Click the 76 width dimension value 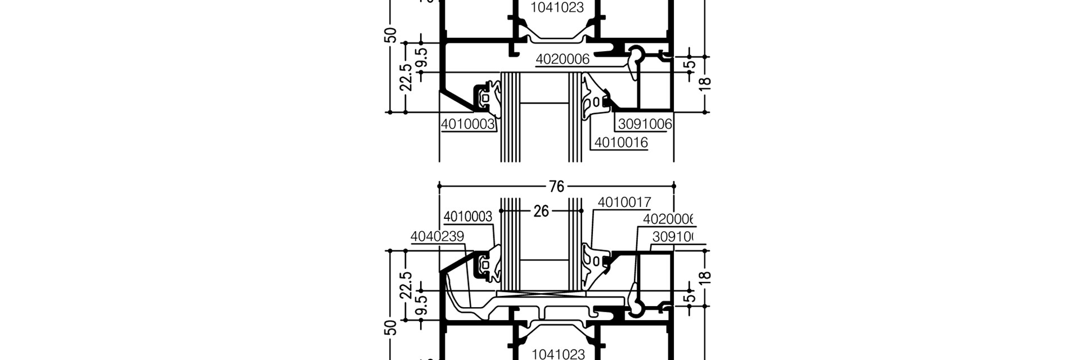(556, 186)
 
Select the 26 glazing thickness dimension (541, 211)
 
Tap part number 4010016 (621, 143)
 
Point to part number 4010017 (624, 202)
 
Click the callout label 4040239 (437, 237)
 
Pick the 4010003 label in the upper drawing (467, 124)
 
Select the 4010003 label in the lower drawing (467, 217)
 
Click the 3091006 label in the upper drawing (645, 124)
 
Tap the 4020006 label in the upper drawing (562, 59)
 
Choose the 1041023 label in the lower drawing (557, 354)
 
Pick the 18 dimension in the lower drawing (706, 277)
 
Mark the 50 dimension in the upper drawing (392, 35)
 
